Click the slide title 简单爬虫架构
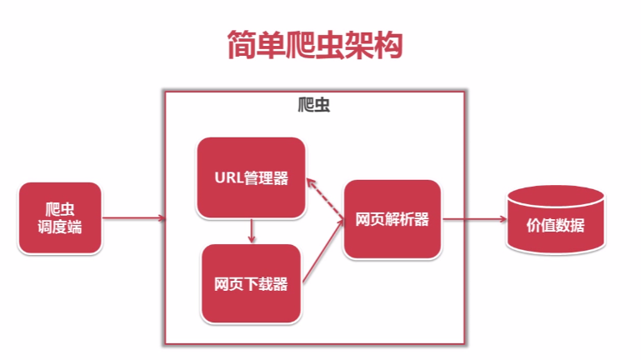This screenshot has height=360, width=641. point(315,44)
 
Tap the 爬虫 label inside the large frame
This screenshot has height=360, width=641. point(313,105)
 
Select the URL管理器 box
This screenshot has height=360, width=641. point(251,177)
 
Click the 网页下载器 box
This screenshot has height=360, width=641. point(251,283)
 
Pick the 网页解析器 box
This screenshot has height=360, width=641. point(392,219)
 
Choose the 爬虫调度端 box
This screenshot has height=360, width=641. point(60,218)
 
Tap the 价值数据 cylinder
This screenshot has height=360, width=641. point(555,220)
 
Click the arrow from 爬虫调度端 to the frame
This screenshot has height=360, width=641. point(133,218)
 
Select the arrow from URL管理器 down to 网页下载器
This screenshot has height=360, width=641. point(252,231)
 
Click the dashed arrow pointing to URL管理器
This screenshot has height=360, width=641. point(325,199)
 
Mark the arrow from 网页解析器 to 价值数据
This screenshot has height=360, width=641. point(474,219)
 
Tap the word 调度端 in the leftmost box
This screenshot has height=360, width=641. point(60,227)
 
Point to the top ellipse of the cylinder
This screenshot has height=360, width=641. point(555,197)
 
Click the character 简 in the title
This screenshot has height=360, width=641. point(241,44)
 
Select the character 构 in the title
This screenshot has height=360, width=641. point(388,44)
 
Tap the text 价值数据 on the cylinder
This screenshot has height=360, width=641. point(555,225)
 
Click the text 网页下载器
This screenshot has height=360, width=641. point(251,284)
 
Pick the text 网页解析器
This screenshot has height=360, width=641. point(392,219)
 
